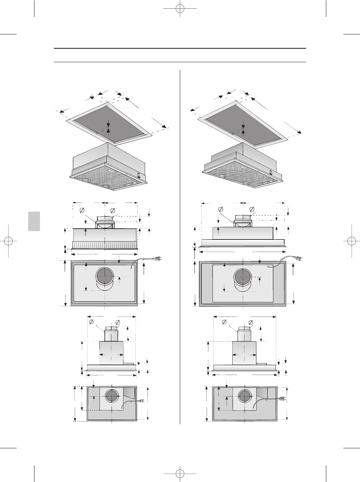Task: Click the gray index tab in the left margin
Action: click(34, 221)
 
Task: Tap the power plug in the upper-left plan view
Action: click(158, 259)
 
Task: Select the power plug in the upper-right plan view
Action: click(298, 258)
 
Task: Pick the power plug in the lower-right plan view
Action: click(282, 399)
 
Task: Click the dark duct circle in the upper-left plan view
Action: click(104, 277)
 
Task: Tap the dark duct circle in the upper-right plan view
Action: click(242, 277)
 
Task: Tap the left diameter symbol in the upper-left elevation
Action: click(82, 210)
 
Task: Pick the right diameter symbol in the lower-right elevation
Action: click(251, 322)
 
